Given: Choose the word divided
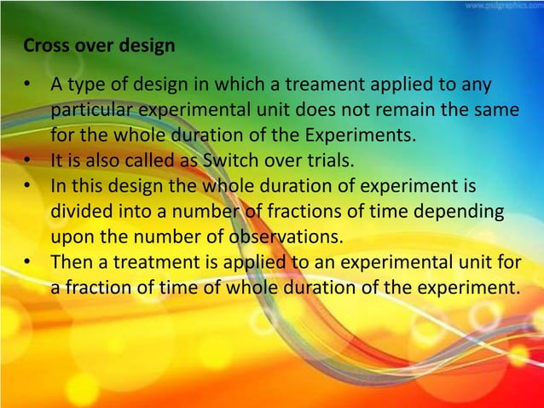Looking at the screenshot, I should click(x=80, y=209).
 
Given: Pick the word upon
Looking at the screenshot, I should click(x=71, y=234).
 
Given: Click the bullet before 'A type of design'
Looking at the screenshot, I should click(x=31, y=86).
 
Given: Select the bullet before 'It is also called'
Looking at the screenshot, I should click(x=31, y=160).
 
